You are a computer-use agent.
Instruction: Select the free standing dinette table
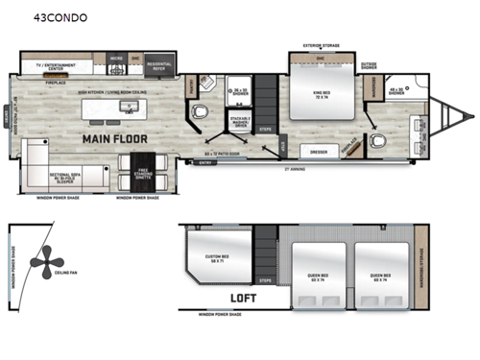pyautogui.click(x=142, y=171)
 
